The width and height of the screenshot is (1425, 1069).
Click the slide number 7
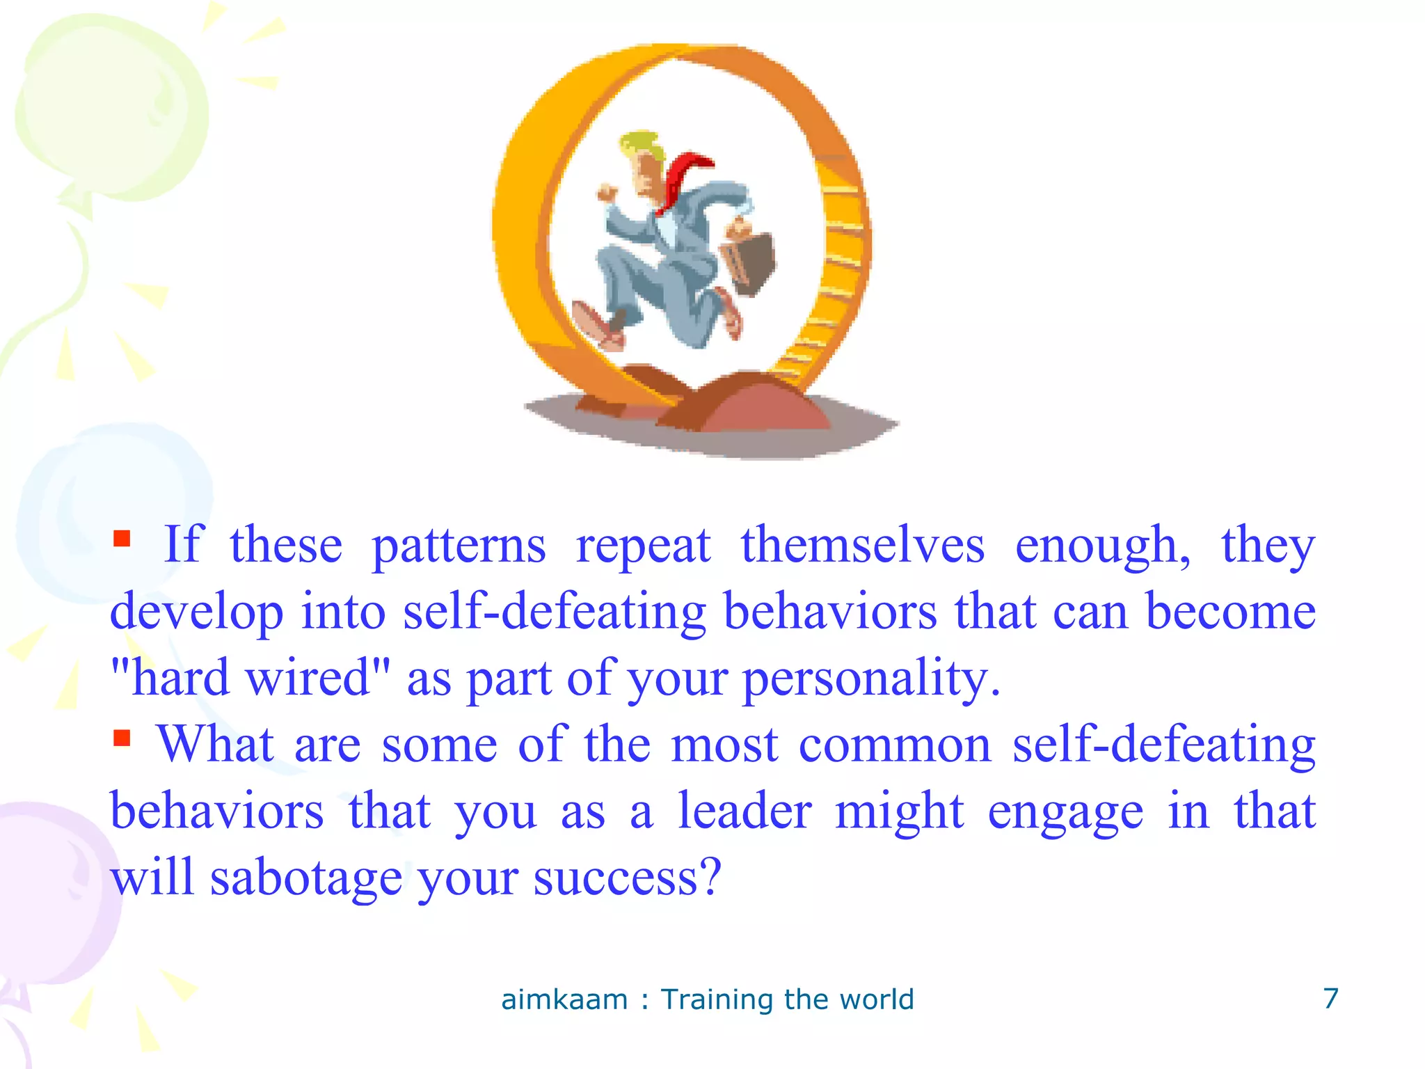(x=1330, y=999)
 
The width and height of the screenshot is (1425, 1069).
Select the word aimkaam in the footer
(x=564, y=1000)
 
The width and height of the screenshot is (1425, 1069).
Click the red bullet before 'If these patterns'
(x=122, y=539)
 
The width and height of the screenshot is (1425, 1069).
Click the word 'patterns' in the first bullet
(x=459, y=547)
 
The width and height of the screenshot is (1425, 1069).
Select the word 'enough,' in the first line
(x=1103, y=547)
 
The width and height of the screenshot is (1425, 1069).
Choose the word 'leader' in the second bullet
(x=745, y=811)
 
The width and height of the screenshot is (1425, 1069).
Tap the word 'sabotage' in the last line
(x=306, y=878)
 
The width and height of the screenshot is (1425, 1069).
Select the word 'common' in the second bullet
(x=894, y=745)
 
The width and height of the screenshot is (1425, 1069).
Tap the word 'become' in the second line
(x=1230, y=612)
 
